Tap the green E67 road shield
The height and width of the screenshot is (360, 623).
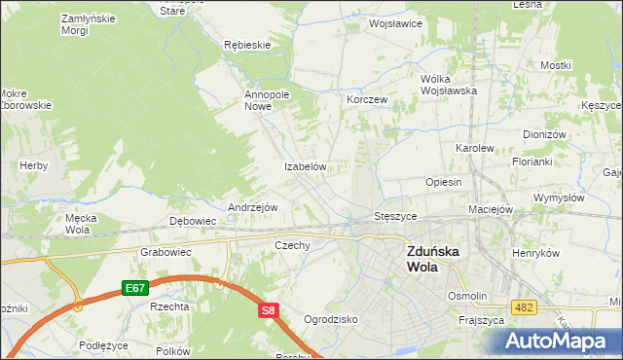pyautogui.click(x=134, y=289)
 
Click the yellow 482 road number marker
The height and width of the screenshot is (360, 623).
pyautogui.click(x=525, y=307)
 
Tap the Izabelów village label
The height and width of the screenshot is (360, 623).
pyautogui.click(x=304, y=167)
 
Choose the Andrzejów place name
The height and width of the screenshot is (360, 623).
pyautogui.click(x=253, y=208)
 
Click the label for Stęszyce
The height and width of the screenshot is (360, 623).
pyautogui.click(x=396, y=215)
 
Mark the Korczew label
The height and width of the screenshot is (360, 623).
pyautogui.click(x=368, y=100)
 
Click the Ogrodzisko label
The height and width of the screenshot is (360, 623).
pyautogui.click(x=331, y=319)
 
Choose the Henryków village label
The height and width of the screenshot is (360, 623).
pyautogui.click(x=536, y=253)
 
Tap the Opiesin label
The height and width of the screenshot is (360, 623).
pyautogui.click(x=443, y=182)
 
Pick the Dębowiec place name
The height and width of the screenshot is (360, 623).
pyautogui.click(x=193, y=222)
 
